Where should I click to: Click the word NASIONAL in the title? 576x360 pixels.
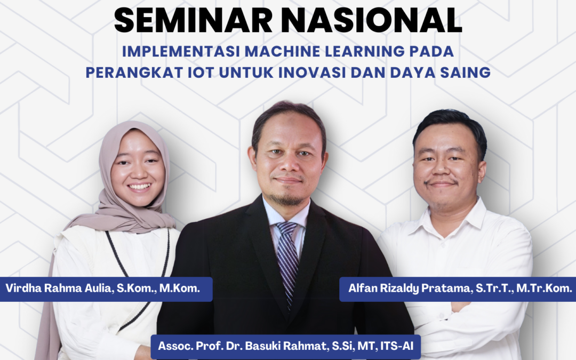coord(371,20)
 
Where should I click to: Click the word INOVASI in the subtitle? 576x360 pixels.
coord(312,73)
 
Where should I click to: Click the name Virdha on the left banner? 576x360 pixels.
coord(23,288)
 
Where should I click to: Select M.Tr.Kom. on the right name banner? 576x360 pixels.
coord(544,289)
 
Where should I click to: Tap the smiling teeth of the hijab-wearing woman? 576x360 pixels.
coord(139,187)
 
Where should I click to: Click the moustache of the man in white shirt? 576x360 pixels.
coord(441,181)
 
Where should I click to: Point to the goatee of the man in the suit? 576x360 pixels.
coord(286,199)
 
